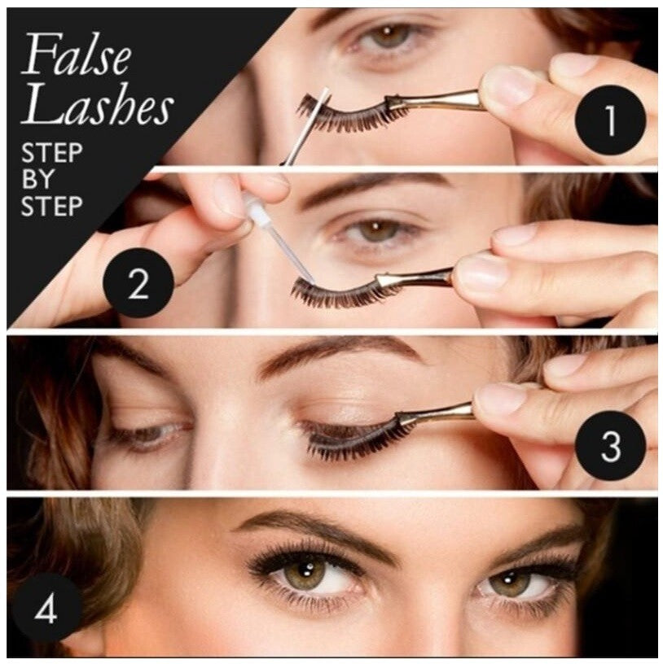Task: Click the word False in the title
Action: coord(78,55)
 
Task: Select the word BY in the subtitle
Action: coord(37,179)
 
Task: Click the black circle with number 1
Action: coord(610,120)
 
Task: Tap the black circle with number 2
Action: coord(138,283)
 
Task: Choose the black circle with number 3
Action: coord(610,446)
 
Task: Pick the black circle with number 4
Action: coord(46,609)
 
